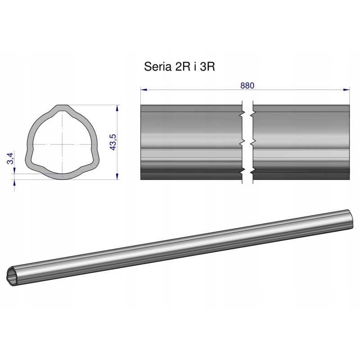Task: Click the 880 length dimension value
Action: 247,85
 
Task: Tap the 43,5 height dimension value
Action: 113,142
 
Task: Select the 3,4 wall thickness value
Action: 10,158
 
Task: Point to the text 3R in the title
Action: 207,67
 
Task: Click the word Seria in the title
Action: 158,67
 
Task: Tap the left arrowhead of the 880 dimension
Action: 144,90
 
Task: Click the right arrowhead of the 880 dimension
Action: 346,90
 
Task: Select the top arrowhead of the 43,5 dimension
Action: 117,108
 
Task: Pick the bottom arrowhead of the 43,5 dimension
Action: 117,176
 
